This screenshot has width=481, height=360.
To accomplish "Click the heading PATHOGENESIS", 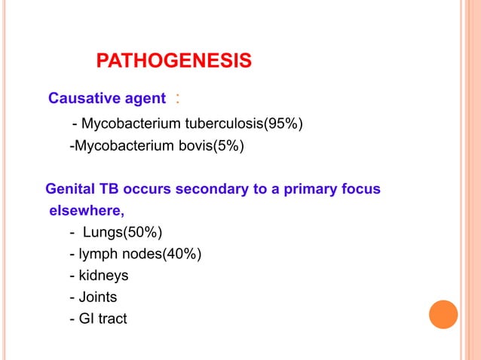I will (174, 61).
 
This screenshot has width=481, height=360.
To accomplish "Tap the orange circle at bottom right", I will (443, 314).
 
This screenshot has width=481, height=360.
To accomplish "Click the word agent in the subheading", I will (145, 98).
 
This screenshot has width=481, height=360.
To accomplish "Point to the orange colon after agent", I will (177, 98).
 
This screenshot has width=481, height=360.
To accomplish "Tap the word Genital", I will (72, 188).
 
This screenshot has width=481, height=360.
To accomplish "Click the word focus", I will (362, 188).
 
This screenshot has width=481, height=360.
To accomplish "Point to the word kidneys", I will (103, 276).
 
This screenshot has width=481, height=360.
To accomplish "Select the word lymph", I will (103, 254).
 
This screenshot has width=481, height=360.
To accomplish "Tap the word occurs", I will (146, 188).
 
